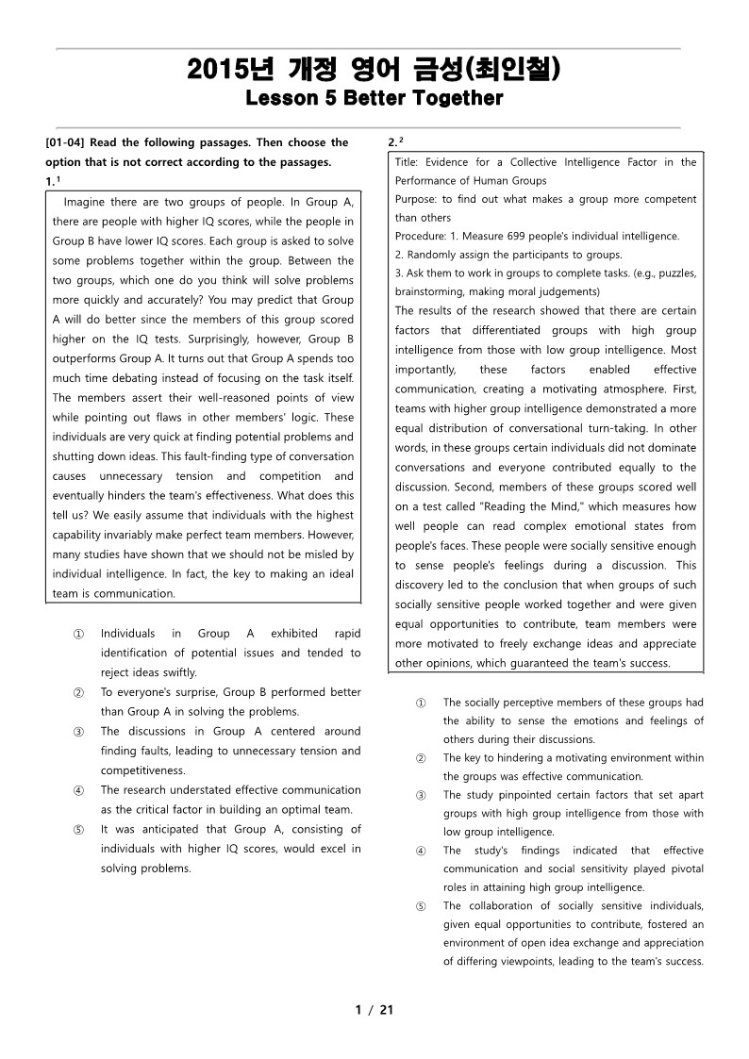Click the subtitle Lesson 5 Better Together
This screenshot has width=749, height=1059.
374,98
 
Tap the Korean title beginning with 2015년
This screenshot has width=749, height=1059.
374,70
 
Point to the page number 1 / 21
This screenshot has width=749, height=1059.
374,1010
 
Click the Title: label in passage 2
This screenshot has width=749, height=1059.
408,162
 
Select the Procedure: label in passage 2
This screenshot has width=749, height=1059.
423,236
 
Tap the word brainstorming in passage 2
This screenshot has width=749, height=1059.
431,291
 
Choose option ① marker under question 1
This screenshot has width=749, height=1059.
77,634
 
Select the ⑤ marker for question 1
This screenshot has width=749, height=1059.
77,830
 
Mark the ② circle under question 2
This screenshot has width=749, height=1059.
421,758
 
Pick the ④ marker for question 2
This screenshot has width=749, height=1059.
421,851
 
